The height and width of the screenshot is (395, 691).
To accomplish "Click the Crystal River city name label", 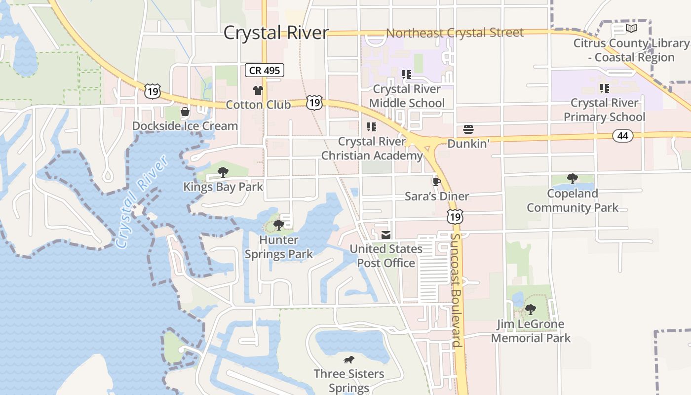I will coord(276,33).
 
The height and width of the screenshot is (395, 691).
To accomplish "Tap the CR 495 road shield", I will coord(265,70).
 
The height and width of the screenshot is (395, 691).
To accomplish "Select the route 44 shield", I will coord(623,135).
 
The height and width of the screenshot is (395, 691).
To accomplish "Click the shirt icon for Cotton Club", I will coord(258,90).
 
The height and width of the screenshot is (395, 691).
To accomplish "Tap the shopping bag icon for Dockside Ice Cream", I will coord(185,112).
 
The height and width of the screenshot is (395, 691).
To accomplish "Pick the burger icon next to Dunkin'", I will coord(468,129).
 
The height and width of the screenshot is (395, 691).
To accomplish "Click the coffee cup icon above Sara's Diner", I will coord(436,181).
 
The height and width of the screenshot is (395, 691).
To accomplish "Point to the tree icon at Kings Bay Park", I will coord(223,172).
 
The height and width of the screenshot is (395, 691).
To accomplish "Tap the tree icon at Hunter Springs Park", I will coord(278,225).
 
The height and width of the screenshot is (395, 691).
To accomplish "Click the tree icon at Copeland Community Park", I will coord(573,178).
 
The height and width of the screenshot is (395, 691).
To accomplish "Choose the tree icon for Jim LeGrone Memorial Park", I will coord(531,310).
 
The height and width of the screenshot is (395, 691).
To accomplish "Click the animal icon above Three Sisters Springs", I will coord(349,359).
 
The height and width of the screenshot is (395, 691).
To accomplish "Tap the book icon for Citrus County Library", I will coord(631,28).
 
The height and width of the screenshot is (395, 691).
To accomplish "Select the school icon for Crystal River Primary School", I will coord(604,88).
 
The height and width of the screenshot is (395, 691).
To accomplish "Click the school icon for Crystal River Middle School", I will coord(406,75).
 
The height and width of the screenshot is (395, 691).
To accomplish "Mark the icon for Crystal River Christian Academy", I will coord(371,127).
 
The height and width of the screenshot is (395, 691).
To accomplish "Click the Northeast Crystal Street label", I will coord(455,33).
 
